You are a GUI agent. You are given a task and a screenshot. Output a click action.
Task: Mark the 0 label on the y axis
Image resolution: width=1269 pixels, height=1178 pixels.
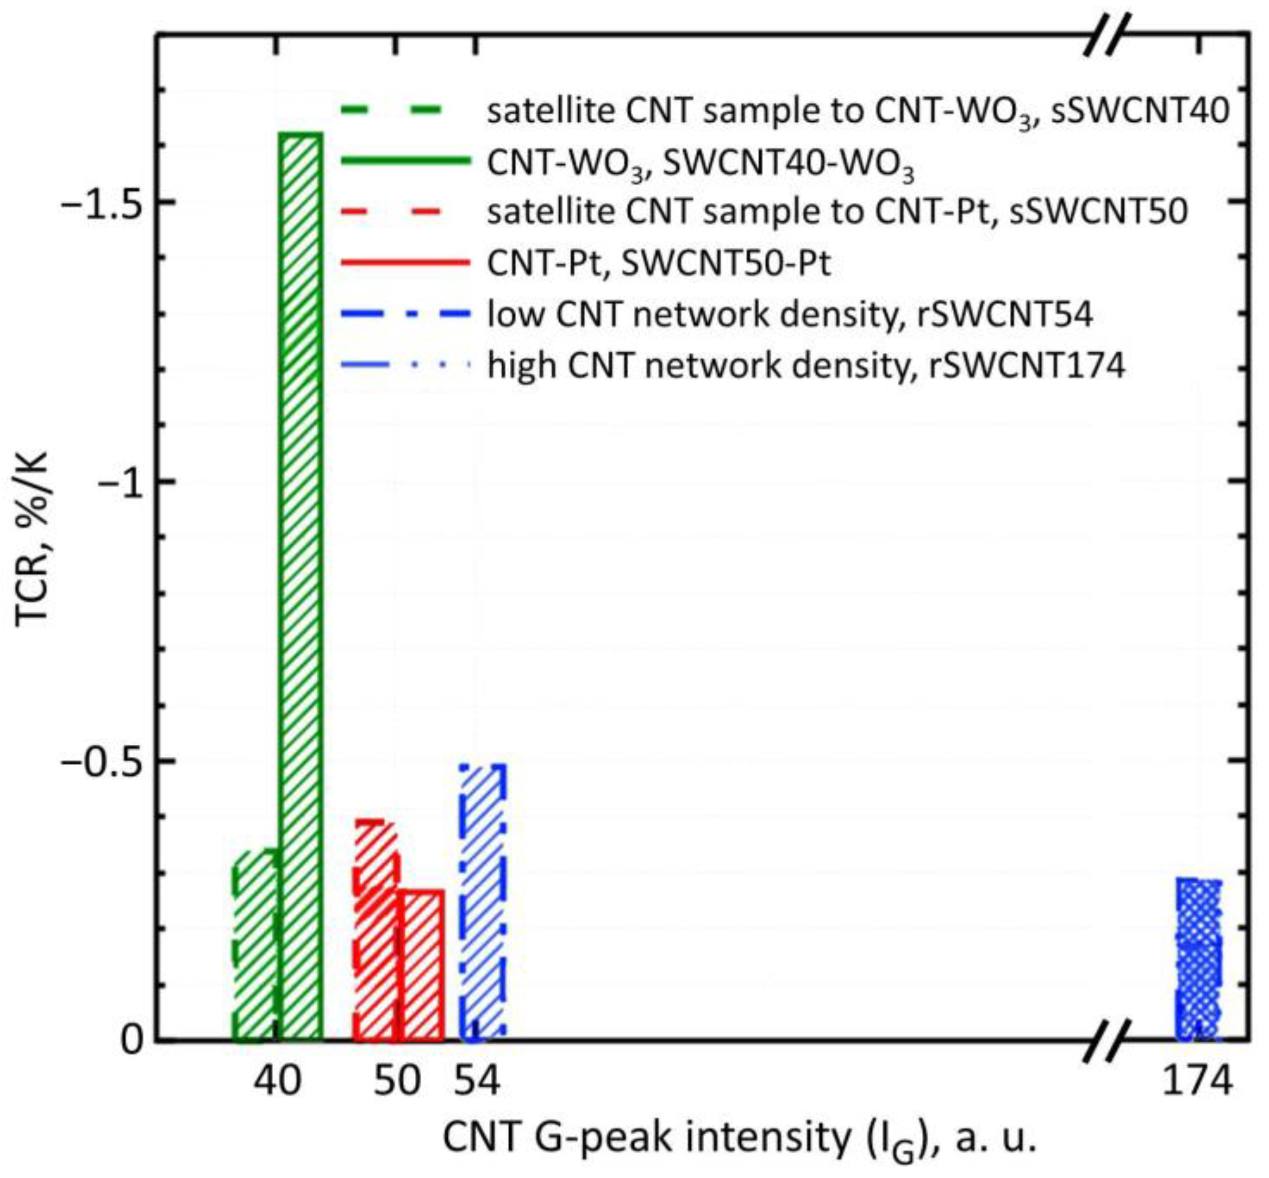click(132, 1040)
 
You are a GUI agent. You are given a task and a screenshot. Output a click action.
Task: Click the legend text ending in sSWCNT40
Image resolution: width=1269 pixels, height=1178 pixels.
click(857, 112)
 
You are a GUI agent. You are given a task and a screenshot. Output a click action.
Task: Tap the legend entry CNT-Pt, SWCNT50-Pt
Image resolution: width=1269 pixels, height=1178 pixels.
click(659, 263)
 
